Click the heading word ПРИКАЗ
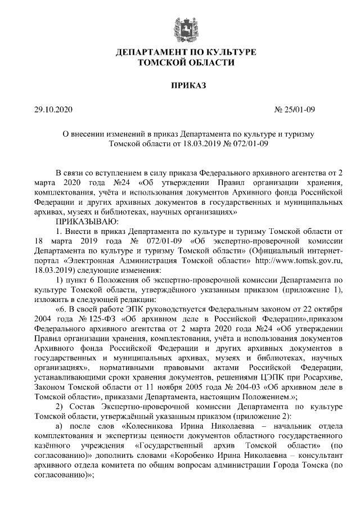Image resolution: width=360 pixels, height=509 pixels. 186,85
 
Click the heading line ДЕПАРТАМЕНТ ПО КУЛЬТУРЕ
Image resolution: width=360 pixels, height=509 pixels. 186,52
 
